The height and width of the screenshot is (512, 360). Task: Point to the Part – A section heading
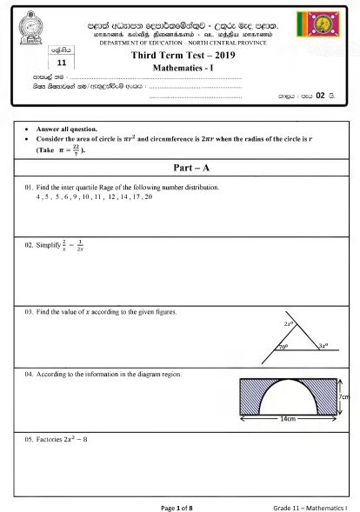pos(182,167)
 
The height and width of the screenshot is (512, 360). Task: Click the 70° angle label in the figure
pos(283,347)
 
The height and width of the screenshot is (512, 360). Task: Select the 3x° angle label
pos(323,346)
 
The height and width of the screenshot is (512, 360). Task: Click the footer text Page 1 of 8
pos(182,505)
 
